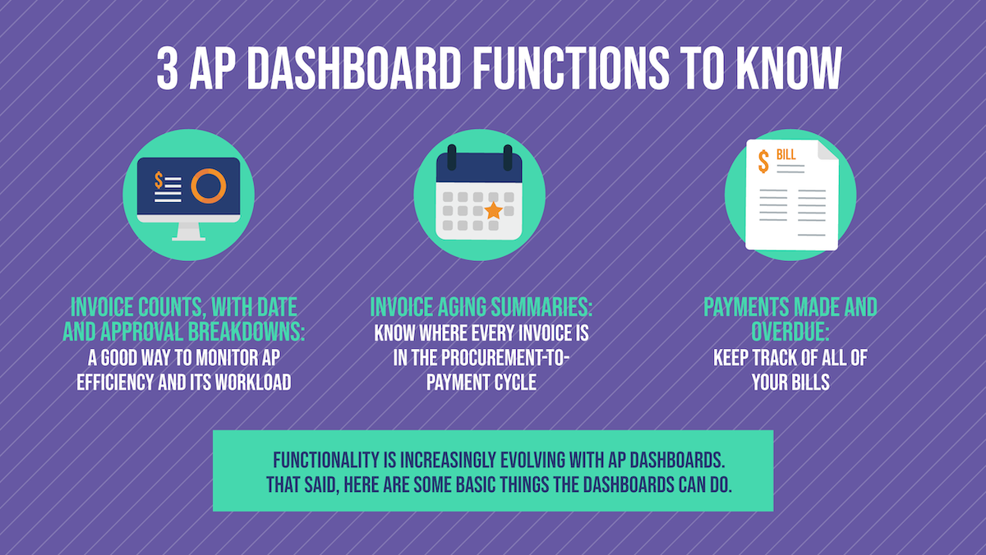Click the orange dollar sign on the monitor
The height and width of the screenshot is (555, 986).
(x=159, y=180)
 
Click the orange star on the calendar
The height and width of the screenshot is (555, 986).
(x=493, y=211)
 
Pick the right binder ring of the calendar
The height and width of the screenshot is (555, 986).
(x=508, y=155)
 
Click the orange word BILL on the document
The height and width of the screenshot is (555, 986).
(x=786, y=154)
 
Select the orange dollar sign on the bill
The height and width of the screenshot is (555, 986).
(x=763, y=160)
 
